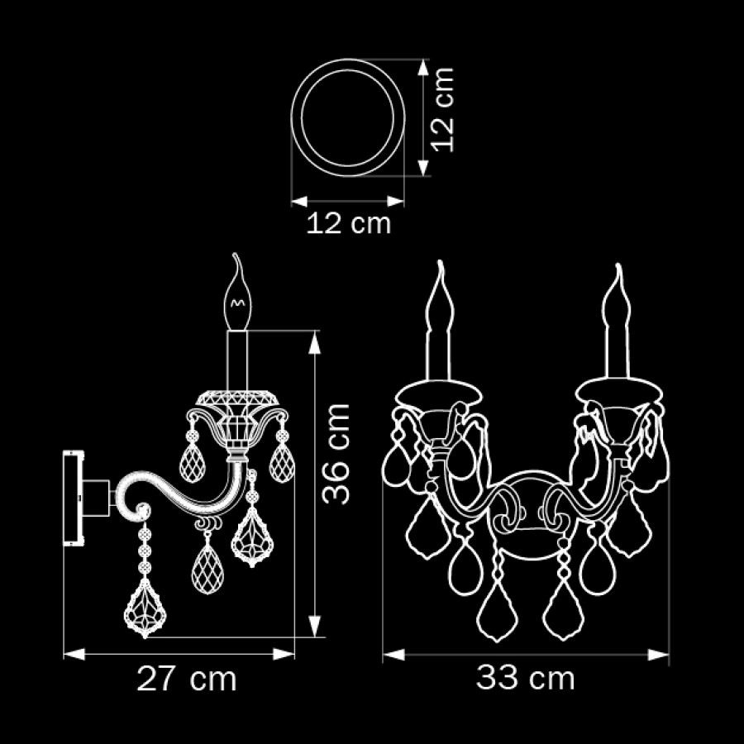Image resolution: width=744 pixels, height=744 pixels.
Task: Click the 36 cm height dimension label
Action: pyautogui.click(x=336, y=454)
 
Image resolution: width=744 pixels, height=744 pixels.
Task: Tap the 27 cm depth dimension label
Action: pyautogui.click(x=187, y=679)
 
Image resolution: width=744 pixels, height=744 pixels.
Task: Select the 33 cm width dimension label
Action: pyautogui.click(x=525, y=678)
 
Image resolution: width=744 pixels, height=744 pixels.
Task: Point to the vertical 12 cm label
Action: pyautogui.click(x=444, y=110)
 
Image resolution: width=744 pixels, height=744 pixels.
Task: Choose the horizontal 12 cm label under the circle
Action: pyautogui.click(x=349, y=223)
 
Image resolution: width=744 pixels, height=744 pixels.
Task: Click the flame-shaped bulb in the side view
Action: pyautogui.click(x=237, y=293)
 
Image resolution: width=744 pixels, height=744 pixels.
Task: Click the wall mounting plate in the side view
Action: pyautogui.click(x=74, y=498)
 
